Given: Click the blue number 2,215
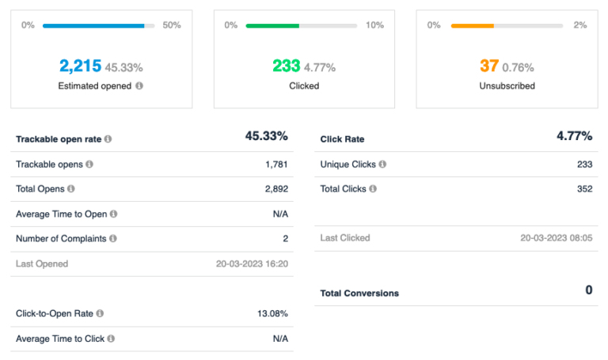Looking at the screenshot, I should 80,66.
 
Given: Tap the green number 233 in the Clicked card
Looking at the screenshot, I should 286,66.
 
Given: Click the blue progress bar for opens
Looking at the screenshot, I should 93,25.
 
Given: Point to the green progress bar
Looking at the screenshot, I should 272,25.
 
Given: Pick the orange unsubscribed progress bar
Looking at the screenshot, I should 473,25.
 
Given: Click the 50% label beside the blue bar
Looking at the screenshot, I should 172,25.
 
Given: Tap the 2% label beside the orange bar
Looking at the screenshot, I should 580,25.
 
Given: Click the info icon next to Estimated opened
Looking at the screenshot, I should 139,85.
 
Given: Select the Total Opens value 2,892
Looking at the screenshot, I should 276,189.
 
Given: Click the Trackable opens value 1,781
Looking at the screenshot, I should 276,165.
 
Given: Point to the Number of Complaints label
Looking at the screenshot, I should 61,238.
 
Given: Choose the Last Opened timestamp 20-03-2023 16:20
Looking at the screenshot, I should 252,263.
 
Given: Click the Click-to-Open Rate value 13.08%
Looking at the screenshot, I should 272,314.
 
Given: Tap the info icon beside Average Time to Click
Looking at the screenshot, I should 111,339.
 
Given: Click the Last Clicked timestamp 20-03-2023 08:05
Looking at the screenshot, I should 556,238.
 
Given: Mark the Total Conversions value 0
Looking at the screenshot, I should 588,290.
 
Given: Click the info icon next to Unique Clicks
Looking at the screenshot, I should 382,165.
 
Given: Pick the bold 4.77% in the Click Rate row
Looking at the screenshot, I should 574,136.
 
